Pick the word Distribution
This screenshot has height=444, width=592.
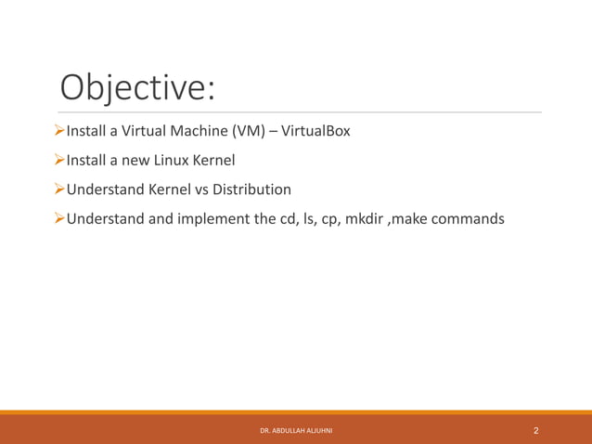[x=251, y=190]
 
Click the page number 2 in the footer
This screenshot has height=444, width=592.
[x=536, y=431]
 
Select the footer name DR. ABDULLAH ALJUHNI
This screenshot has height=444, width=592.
[x=297, y=431]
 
